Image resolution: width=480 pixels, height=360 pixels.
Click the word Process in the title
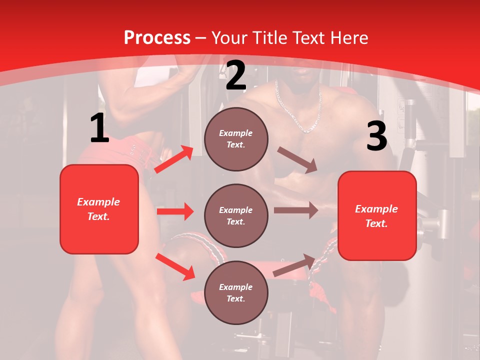click(157, 38)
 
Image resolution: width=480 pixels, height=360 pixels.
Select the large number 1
click(99, 128)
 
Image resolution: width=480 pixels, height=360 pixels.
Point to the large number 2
click(236, 75)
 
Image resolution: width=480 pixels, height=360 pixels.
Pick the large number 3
click(376, 136)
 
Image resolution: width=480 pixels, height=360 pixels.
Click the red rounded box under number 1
click(99, 209)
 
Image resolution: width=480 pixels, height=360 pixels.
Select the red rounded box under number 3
click(377, 215)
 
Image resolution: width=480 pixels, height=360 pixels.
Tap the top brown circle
click(236, 139)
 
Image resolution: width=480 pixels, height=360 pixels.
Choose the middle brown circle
click(236, 215)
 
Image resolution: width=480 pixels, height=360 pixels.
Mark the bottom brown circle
click(236, 292)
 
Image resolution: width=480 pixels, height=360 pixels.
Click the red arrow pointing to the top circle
click(173, 159)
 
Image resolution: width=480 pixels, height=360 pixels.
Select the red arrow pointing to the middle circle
click(175, 211)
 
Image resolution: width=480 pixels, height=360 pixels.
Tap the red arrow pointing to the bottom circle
click(175, 266)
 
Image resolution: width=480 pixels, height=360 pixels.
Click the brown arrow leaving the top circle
click(297, 160)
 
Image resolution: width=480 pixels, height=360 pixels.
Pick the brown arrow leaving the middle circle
click(295, 210)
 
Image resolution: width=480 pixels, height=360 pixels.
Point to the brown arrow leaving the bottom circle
click(294, 265)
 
